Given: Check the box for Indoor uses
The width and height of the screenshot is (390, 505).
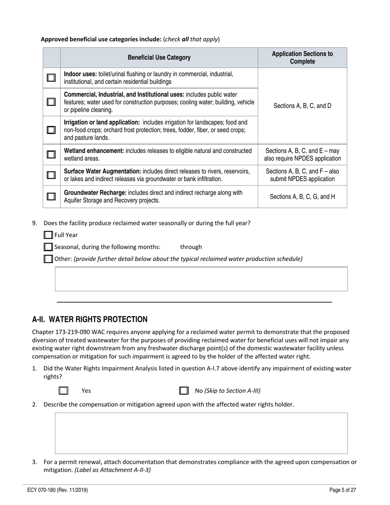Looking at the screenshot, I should click(51, 78).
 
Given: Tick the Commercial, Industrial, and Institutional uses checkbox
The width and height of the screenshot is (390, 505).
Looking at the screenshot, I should click(51, 102).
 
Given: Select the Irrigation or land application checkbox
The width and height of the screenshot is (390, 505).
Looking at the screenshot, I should click(51, 130).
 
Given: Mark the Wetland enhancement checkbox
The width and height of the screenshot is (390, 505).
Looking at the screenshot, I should click(51, 154).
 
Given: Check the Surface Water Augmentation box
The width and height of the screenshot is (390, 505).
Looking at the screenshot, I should click(51, 175).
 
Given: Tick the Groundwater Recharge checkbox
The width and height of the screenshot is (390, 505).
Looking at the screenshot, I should click(51, 197).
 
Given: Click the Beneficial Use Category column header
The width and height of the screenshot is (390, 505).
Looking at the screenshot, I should click(159, 57).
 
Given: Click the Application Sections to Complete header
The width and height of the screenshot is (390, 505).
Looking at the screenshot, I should click(302, 57).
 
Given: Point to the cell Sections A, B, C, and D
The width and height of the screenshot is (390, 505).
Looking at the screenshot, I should click(302, 106).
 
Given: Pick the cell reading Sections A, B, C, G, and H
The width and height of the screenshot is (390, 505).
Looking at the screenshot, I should click(302, 197).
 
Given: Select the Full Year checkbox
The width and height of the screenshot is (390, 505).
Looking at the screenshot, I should click(48, 235).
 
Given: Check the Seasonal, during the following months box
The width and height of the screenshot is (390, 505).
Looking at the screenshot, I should click(48, 247).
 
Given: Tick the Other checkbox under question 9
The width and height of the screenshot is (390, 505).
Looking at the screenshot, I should click(48, 259).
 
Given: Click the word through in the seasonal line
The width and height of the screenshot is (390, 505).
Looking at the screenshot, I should click(191, 247).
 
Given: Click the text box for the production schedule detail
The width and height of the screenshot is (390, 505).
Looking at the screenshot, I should click(201, 279).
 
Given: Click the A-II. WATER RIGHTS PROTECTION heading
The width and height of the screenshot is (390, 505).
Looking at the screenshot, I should click(89, 319).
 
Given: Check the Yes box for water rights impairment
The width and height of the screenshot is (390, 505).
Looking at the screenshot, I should click(63, 391).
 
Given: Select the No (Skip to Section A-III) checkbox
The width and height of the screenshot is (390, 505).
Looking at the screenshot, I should click(184, 391).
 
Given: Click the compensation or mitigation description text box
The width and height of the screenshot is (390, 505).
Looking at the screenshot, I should click(201, 433).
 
